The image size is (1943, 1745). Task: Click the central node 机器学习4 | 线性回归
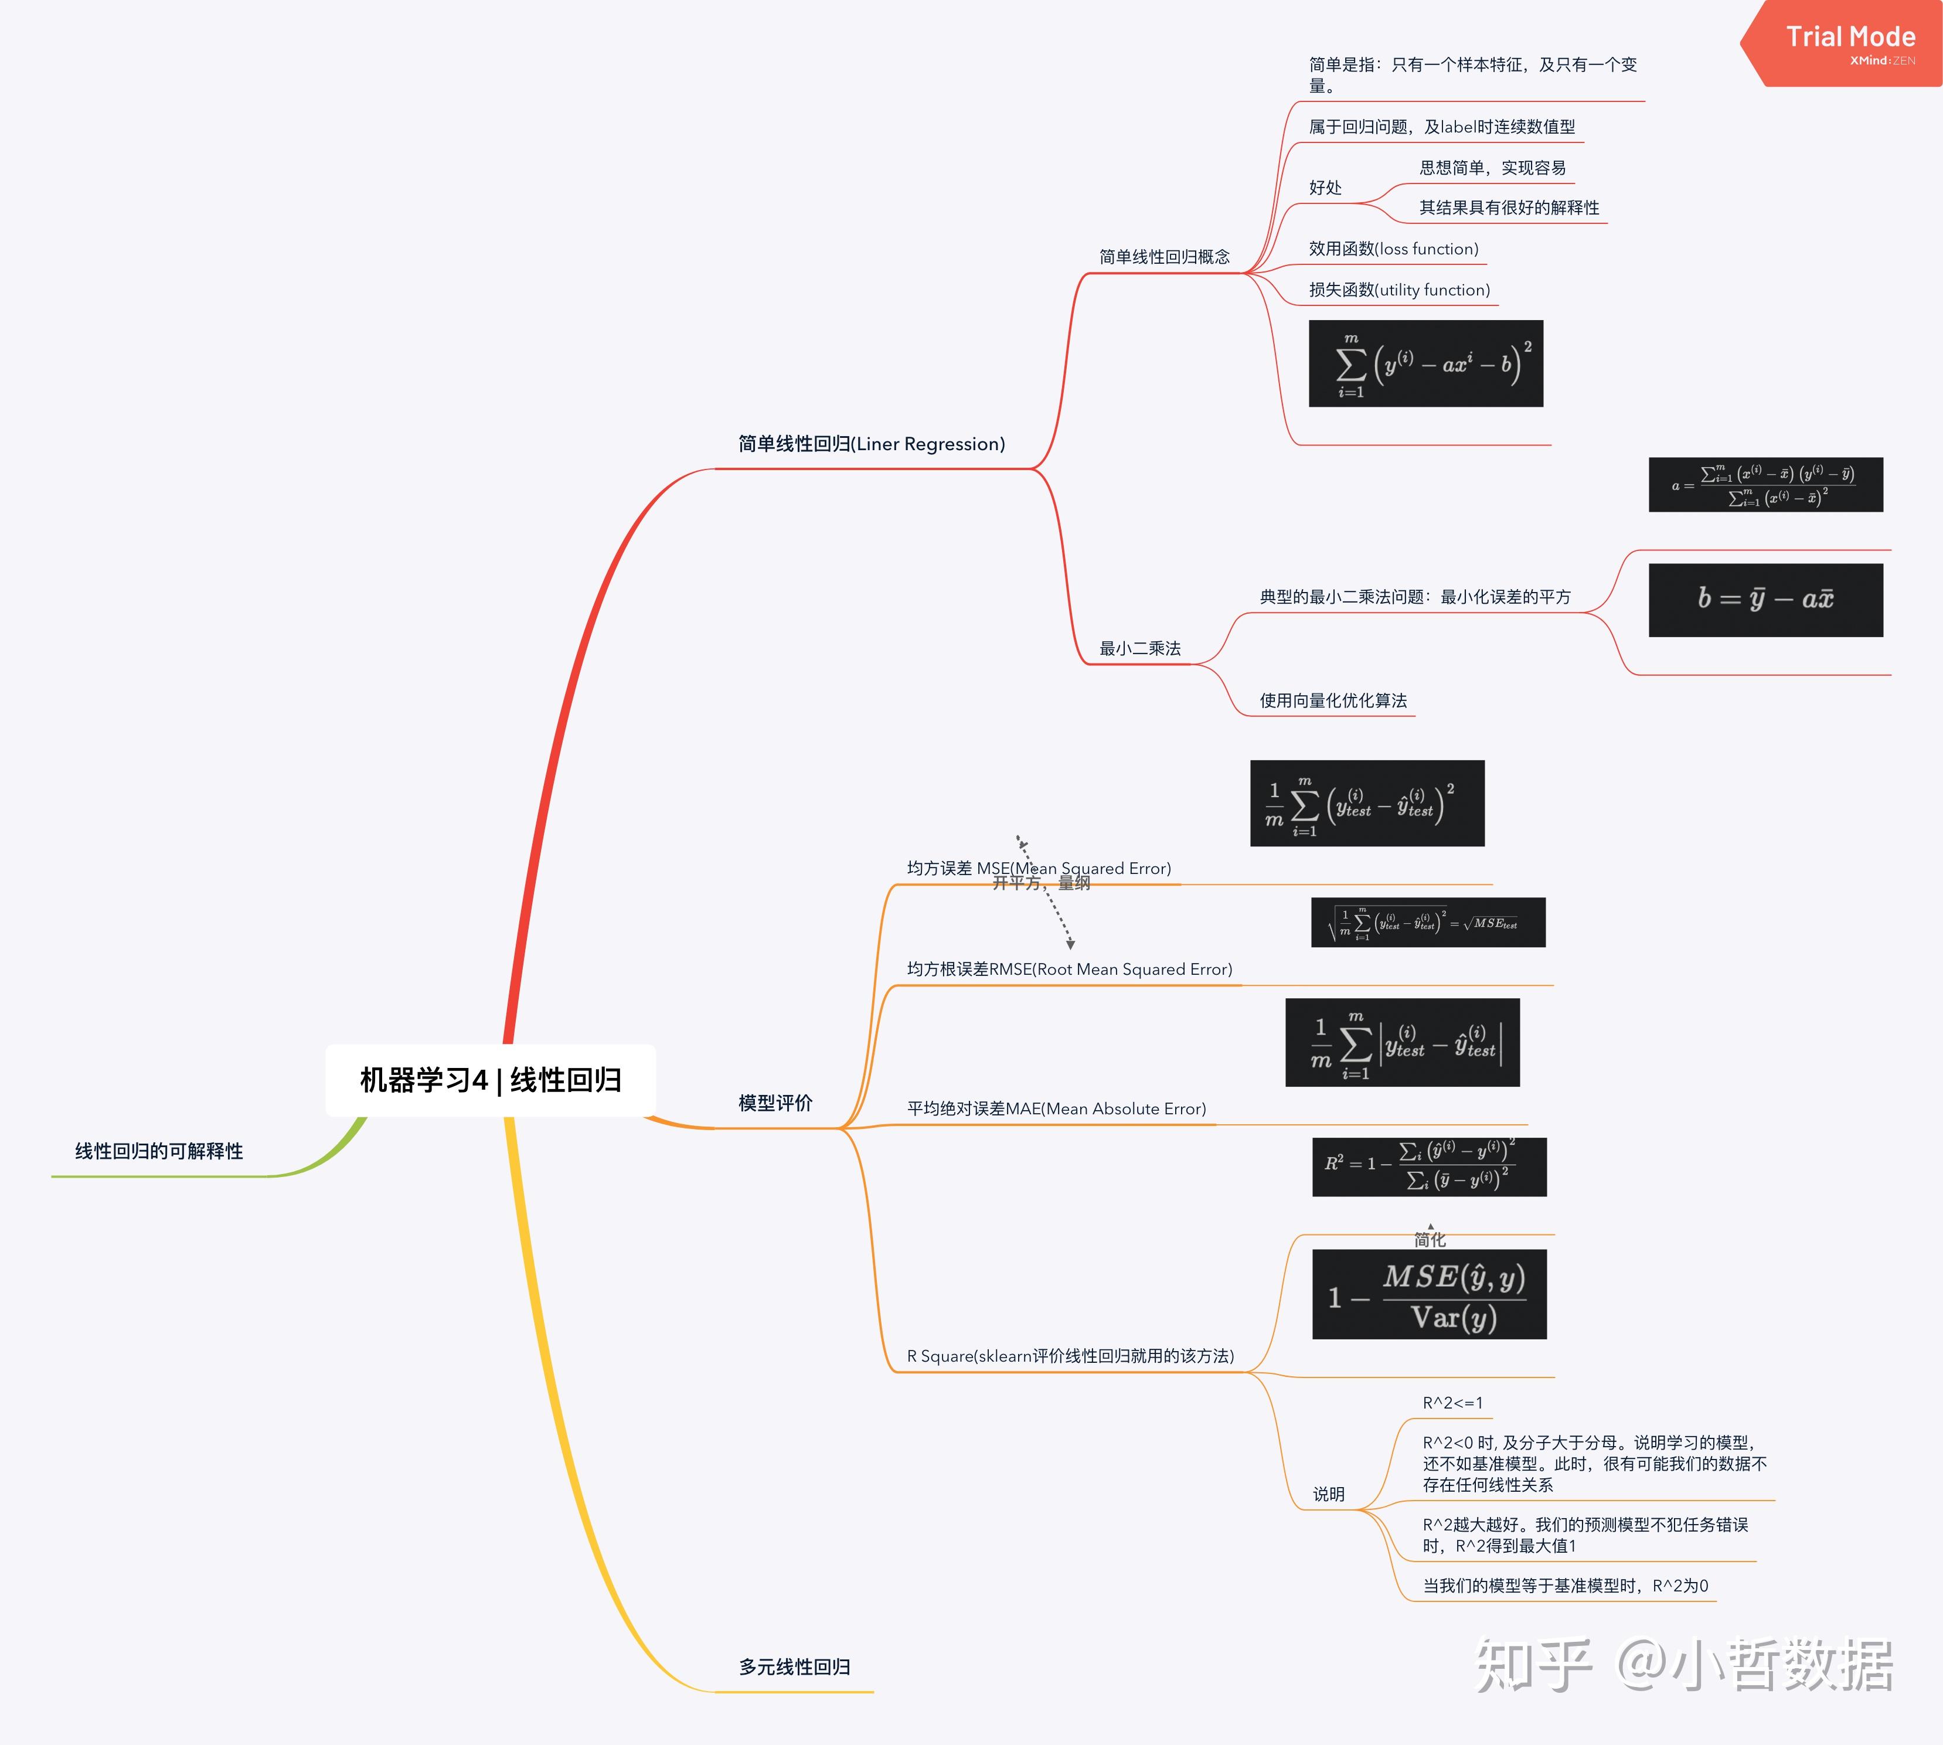[x=490, y=1080]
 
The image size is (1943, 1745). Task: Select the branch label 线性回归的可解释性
[x=159, y=1151]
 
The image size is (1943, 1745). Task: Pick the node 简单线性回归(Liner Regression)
[x=872, y=444]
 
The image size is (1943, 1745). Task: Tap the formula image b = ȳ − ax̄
[x=1765, y=599]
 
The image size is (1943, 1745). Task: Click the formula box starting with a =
[x=1765, y=485]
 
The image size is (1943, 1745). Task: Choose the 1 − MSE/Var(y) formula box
[x=1428, y=1294]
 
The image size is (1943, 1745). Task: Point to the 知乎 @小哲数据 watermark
[x=1683, y=1666]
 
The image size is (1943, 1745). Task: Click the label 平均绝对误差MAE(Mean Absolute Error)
[x=1056, y=1108]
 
